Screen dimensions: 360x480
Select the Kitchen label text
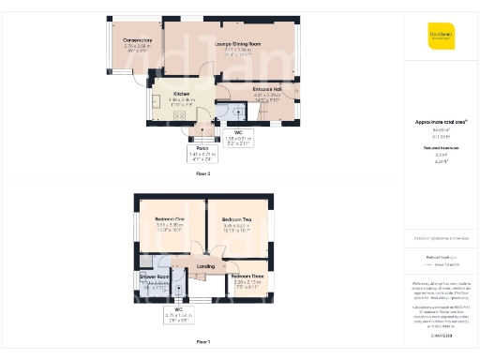[182, 95]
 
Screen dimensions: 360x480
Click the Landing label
[205, 266]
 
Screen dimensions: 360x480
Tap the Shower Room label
[153, 277]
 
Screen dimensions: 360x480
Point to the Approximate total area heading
[440, 122]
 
